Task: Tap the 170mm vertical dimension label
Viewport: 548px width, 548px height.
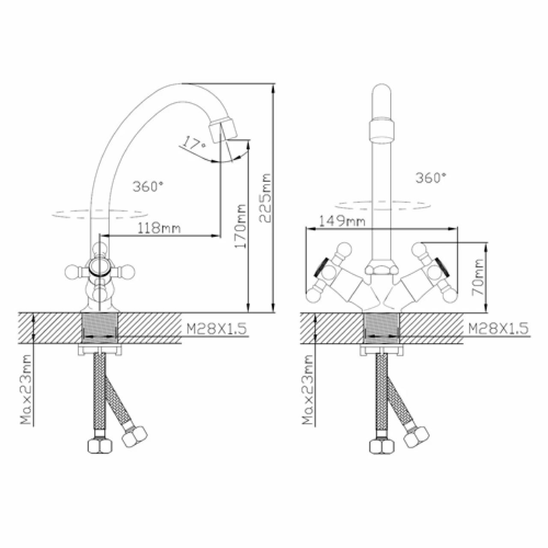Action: (x=240, y=226)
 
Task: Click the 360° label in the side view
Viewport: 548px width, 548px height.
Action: (x=148, y=187)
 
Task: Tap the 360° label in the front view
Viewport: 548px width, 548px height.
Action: (x=431, y=178)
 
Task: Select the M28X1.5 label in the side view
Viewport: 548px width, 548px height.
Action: (x=216, y=329)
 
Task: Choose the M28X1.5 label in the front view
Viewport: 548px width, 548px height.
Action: (x=498, y=328)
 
